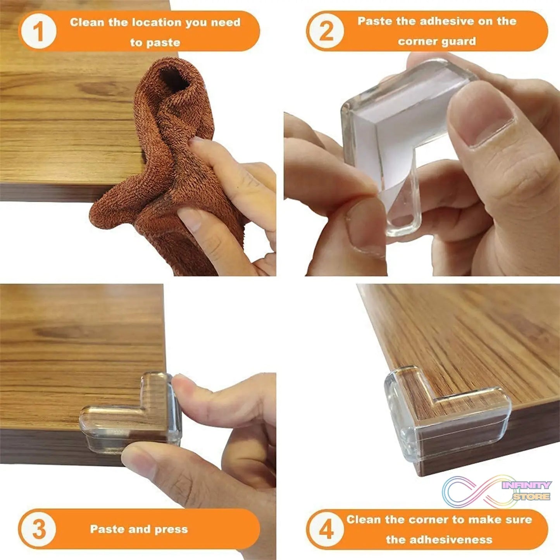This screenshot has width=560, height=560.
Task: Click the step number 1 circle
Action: click(38, 31)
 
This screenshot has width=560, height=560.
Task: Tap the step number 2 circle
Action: click(326, 31)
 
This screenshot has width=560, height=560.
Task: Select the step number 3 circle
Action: click(38, 529)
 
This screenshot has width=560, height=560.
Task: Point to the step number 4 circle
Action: click(326, 529)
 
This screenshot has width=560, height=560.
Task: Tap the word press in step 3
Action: click(171, 529)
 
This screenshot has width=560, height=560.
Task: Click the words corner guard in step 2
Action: click(437, 41)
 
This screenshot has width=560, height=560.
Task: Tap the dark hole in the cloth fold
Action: click(174, 79)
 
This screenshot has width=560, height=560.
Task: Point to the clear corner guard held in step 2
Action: click(391, 132)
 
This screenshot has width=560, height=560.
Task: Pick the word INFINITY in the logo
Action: click(527, 485)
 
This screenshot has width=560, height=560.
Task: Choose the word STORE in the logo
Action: click(531, 496)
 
